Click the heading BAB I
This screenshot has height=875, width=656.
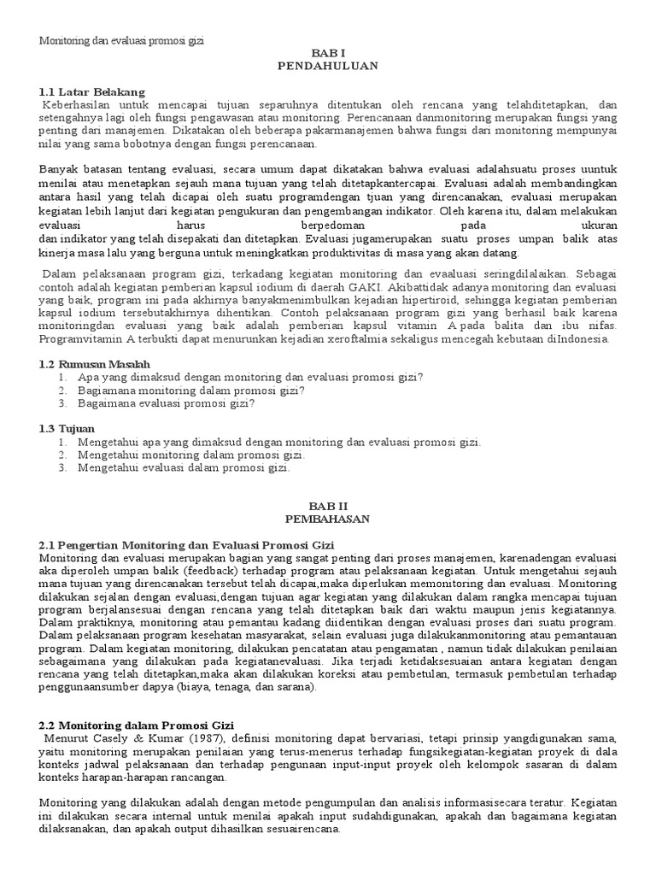pyautogui.click(x=327, y=52)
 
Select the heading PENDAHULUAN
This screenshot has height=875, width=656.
pyautogui.click(x=327, y=65)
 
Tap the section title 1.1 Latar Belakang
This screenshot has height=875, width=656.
pyautogui.click(x=92, y=91)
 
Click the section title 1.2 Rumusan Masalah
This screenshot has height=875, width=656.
pyautogui.click(x=95, y=364)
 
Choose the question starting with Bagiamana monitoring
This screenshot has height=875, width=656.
pyautogui.click(x=191, y=390)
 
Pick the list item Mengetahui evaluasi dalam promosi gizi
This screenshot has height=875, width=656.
pyautogui.click(x=184, y=467)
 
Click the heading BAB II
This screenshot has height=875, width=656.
pyautogui.click(x=327, y=506)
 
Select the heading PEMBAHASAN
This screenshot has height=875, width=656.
pyautogui.click(x=327, y=519)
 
